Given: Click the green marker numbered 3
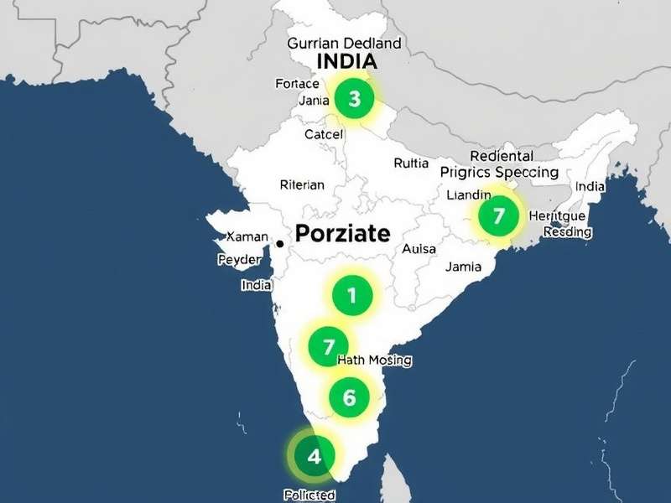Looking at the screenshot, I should pyautogui.click(x=354, y=99).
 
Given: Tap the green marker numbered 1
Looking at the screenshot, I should pyautogui.click(x=351, y=295).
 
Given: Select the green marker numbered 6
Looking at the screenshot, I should pyautogui.click(x=349, y=397).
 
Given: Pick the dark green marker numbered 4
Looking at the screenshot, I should pyautogui.click(x=314, y=457).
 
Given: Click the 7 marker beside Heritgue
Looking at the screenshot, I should pyautogui.click(x=498, y=216).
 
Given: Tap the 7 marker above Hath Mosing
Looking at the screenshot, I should pyautogui.click(x=328, y=346).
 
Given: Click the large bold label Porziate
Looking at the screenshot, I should pyautogui.click(x=341, y=233).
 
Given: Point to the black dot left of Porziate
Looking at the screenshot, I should pyautogui.click(x=279, y=243).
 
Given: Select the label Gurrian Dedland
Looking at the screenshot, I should pyautogui.click(x=344, y=43).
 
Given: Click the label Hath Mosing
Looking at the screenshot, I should pyautogui.click(x=374, y=360).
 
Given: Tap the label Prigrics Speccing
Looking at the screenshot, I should pyautogui.click(x=499, y=173).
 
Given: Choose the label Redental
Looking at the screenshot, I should pyautogui.click(x=502, y=156).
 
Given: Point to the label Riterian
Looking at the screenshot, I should pyautogui.click(x=301, y=185).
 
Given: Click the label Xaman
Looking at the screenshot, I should pyautogui.click(x=247, y=237).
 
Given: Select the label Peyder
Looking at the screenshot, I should pyautogui.click(x=239, y=260).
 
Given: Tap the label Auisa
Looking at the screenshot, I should pyautogui.click(x=419, y=249).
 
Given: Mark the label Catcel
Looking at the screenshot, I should pyautogui.click(x=324, y=134).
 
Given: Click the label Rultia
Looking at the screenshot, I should pyautogui.click(x=411, y=163).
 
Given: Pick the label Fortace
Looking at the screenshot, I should pyautogui.click(x=297, y=84).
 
